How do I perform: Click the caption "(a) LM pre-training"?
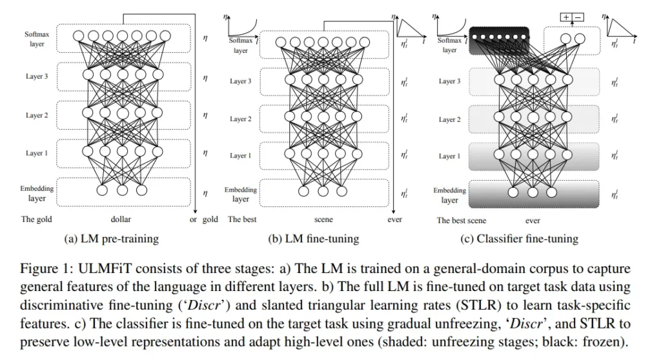[111, 239]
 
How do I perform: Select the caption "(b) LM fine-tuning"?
[313, 239]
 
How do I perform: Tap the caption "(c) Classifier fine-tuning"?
[519, 239]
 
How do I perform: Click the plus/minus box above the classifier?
[572, 17]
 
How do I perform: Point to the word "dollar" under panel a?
[121, 219]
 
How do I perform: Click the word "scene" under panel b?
[323, 219]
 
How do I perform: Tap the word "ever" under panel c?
[533, 221]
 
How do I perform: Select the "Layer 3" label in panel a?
[37, 76]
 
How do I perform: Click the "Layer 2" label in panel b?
[240, 119]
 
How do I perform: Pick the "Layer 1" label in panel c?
[449, 156]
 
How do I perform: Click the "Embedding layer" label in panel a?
[37, 193]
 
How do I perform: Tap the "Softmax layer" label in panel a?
[37, 39]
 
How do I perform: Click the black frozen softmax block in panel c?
[499, 41]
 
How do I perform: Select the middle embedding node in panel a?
[122, 190]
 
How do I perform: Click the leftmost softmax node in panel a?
[78, 36]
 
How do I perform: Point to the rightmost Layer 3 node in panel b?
[358, 79]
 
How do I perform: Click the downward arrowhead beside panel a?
[196, 212]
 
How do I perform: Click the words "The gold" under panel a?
[37, 219]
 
